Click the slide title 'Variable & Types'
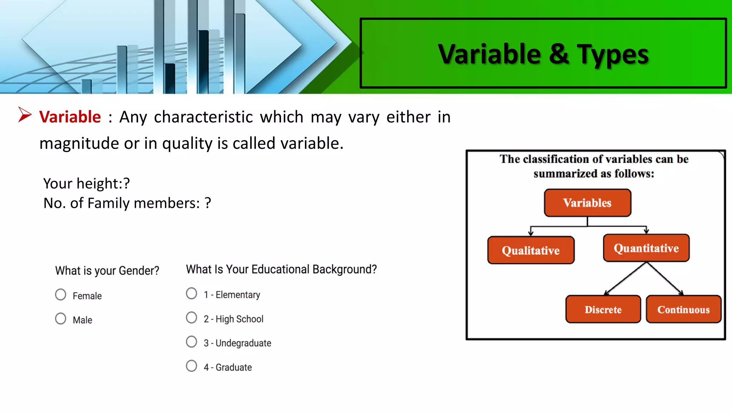(543, 54)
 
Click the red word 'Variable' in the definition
(70, 117)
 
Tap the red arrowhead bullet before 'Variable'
(25, 115)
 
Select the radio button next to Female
(61, 295)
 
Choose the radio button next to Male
(61, 319)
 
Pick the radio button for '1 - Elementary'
(192, 294)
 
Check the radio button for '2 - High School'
(192, 318)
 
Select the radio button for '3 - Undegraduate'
(192, 342)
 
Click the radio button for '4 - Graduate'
(192, 366)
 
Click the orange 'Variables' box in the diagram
(587, 203)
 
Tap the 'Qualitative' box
(531, 250)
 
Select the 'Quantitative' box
(646, 248)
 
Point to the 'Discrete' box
(603, 309)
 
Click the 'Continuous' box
(683, 309)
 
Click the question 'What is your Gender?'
(107, 271)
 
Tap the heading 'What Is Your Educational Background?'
(281, 269)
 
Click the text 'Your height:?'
(86, 183)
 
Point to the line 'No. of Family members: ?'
(127, 203)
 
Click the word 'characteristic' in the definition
(203, 117)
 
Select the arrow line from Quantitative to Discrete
(625, 279)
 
